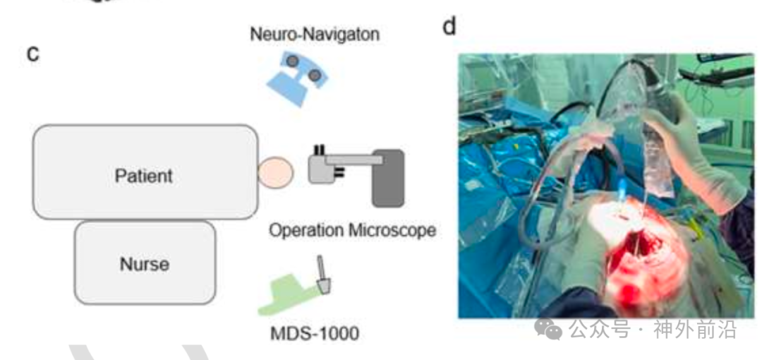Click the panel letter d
449,27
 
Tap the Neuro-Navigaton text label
315,33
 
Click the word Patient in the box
143,174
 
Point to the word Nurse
144,264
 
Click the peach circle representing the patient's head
274,173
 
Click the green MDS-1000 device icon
290,296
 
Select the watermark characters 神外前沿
695,328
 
